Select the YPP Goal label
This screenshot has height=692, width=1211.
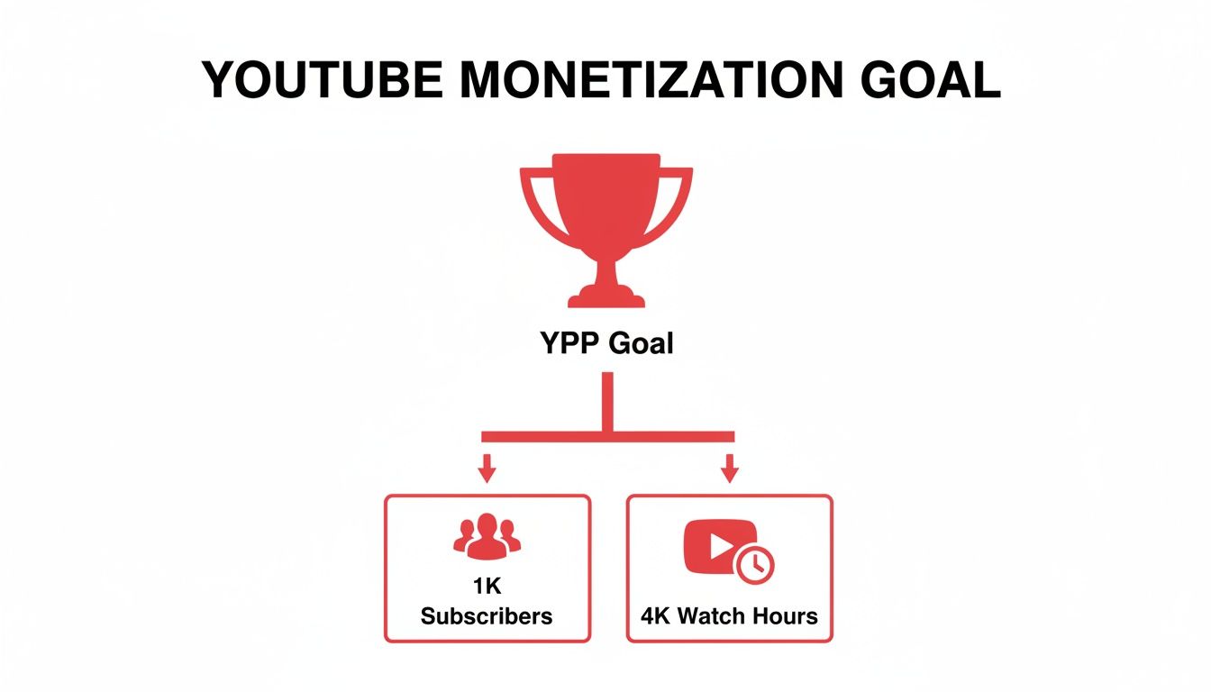point(606,343)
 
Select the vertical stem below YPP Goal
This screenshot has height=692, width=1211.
point(608,401)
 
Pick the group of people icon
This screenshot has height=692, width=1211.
point(487,534)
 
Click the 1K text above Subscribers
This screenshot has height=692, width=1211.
point(487,586)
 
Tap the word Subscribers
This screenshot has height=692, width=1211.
point(487,616)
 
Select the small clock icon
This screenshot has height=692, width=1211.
point(754,565)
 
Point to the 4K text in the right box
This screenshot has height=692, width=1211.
point(657,616)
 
